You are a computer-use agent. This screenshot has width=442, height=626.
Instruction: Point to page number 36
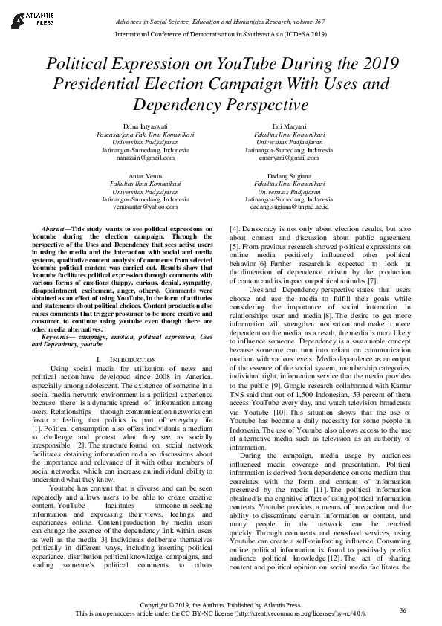pyautogui.click(x=403, y=610)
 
